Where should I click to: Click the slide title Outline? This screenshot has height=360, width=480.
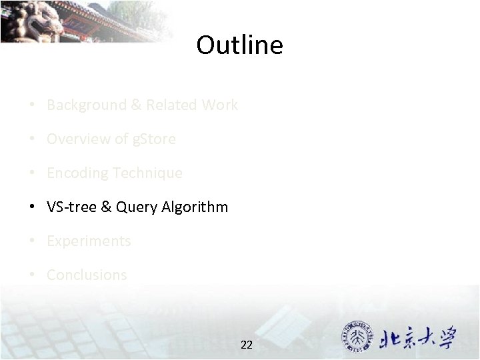(x=239, y=45)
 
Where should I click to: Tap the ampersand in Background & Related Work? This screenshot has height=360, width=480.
(x=136, y=105)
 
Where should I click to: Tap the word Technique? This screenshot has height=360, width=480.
(x=147, y=173)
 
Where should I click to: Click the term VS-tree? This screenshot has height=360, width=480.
(x=71, y=207)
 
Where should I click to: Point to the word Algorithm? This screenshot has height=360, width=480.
(x=194, y=207)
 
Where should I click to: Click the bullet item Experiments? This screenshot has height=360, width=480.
(x=89, y=241)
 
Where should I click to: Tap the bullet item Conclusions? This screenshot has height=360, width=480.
(x=87, y=275)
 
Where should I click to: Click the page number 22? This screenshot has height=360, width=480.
(x=246, y=345)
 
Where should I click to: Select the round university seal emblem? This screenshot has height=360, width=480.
(x=359, y=337)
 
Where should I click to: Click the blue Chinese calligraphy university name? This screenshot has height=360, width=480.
(x=418, y=338)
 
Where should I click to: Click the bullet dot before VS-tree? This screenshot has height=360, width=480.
(x=31, y=207)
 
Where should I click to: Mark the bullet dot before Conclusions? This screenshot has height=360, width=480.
(x=31, y=275)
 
